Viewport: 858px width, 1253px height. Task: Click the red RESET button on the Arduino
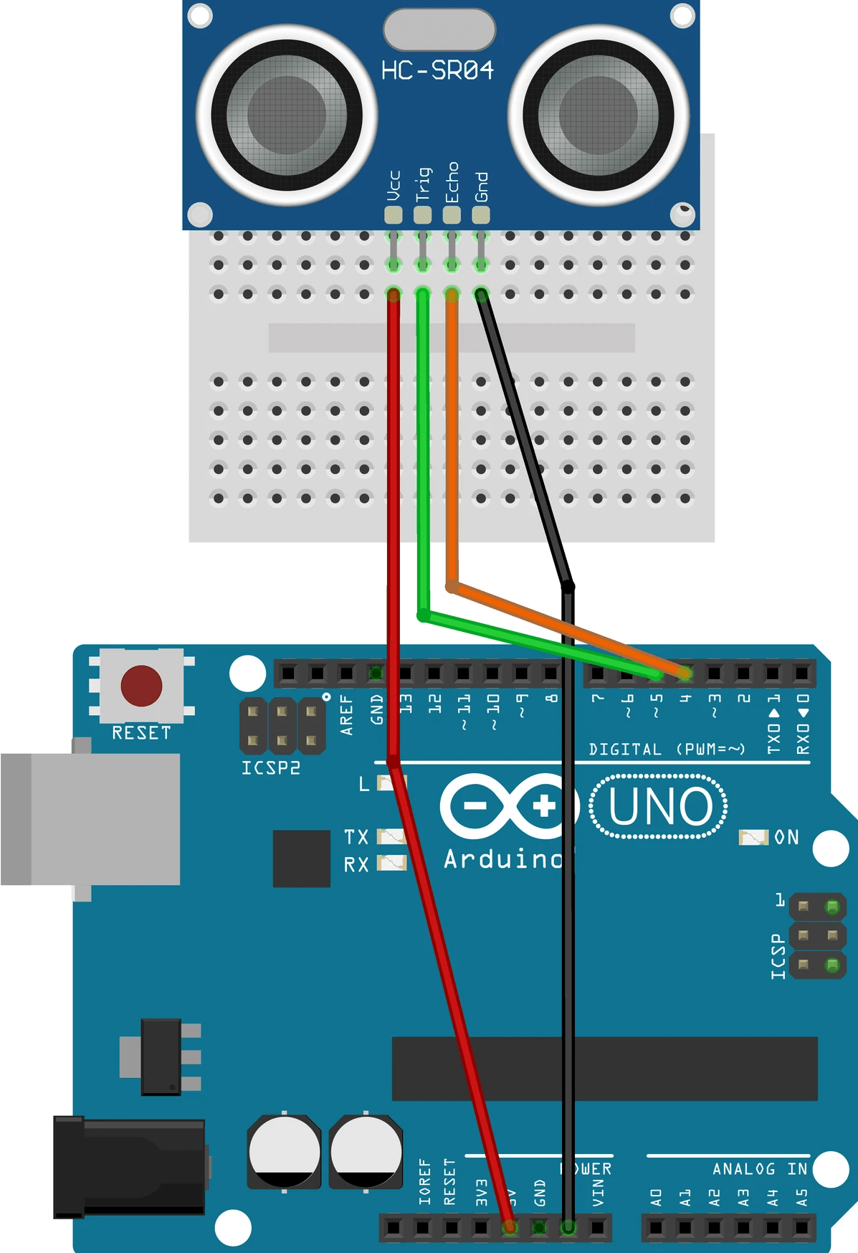pyautogui.click(x=141, y=686)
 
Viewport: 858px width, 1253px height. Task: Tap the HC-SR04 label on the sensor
pyautogui.click(x=437, y=70)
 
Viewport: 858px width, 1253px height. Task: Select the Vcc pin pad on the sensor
pyautogui.click(x=393, y=214)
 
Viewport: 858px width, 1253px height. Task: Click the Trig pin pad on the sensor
pyautogui.click(x=422, y=214)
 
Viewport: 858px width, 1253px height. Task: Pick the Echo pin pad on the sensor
pyautogui.click(x=452, y=214)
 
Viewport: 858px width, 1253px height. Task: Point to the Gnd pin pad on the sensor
pyautogui.click(x=481, y=214)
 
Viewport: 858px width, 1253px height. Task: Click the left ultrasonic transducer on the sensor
pyautogui.click(x=287, y=115)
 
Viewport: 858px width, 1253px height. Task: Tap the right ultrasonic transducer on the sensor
pyautogui.click(x=598, y=115)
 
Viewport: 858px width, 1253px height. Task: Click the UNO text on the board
pyautogui.click(x=659, y=807)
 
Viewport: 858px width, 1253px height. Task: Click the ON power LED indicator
pyautogui.click(x=753, y=837)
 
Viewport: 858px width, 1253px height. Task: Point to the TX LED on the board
pyautogui.click(x=391, y=836)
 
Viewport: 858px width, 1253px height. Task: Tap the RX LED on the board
pyautogui.click(x=391, y=863)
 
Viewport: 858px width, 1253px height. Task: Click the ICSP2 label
pyautogui.click(x=270, y=768)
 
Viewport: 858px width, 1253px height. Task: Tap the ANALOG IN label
pyautogui.click(x=759, y=1169)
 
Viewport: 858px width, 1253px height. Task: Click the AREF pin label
pyautogui.click(x=347, y=714)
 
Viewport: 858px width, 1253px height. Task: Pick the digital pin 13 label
pyautogui.click(x=406, y=704)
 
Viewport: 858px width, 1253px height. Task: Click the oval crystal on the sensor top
pyautogui.click(x=439, y=29)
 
